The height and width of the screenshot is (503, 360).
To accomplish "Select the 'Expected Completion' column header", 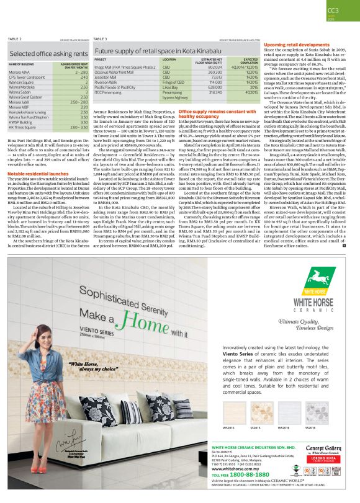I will click(x=246, y=61).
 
